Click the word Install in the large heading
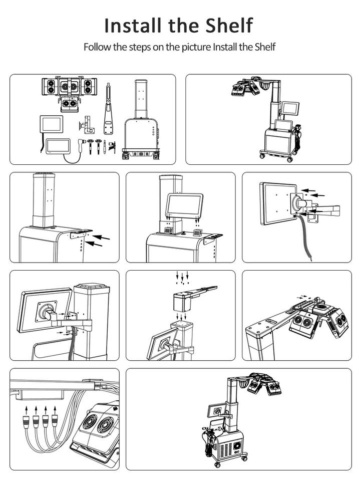[x=133, y=25]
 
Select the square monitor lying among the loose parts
[x=51, y=124]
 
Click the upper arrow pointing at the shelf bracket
[x=101, y=237]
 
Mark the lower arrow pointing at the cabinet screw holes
[x=94, y=244]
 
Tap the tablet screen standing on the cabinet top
[x=184, y=205]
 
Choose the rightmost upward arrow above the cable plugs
[x=55, y=410]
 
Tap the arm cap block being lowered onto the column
[x=183, y=301]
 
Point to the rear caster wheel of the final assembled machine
[x=244, y=458]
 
